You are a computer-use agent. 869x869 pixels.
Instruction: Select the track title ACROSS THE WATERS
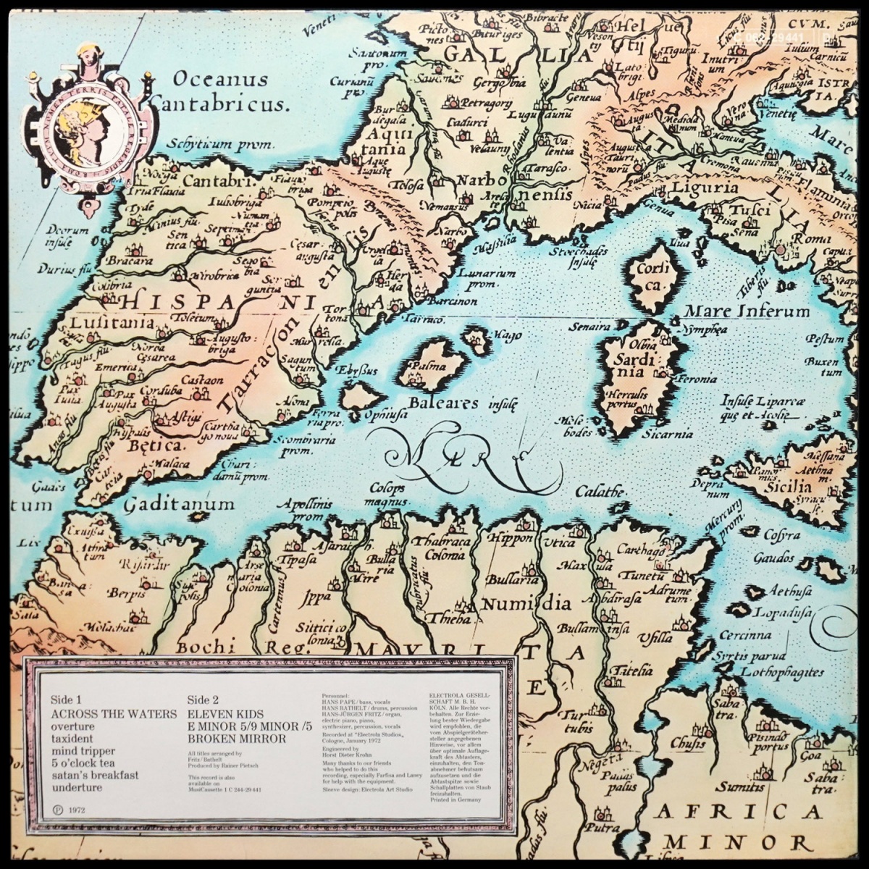click(x=114, y=713)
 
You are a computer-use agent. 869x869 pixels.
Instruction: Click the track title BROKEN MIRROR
click(x=236, y=739)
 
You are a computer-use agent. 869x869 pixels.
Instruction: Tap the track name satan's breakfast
click(x=95, y=776)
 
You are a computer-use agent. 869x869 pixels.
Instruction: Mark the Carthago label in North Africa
click(x=641, y=551)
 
